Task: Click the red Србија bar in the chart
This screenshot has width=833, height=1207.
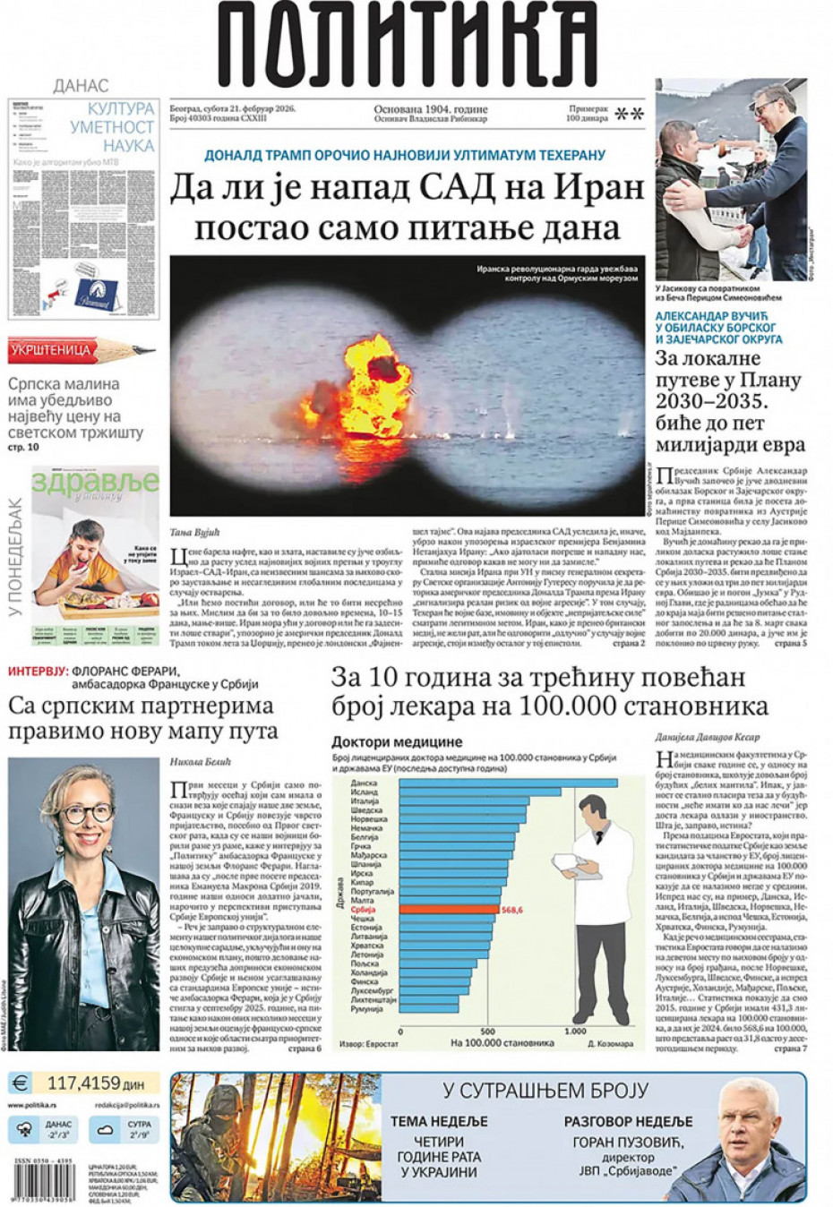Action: tap(447, 909)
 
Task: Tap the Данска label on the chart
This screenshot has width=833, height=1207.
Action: tap(364, 783)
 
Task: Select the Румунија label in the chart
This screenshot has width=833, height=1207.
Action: tap(366, 1009)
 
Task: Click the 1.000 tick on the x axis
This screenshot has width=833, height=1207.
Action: tap(574, 1031)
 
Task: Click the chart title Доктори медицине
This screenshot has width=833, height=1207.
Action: tap(397, 741)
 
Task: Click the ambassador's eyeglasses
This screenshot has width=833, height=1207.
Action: tap(87, 813)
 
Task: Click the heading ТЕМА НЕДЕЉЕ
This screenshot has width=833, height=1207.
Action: tap(439, 1121)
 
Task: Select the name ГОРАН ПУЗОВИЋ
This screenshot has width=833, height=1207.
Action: tap(628, 1142)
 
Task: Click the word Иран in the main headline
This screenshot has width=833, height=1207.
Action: tap(599, 188)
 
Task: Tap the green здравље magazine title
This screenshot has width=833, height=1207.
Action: tap(95, 483)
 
